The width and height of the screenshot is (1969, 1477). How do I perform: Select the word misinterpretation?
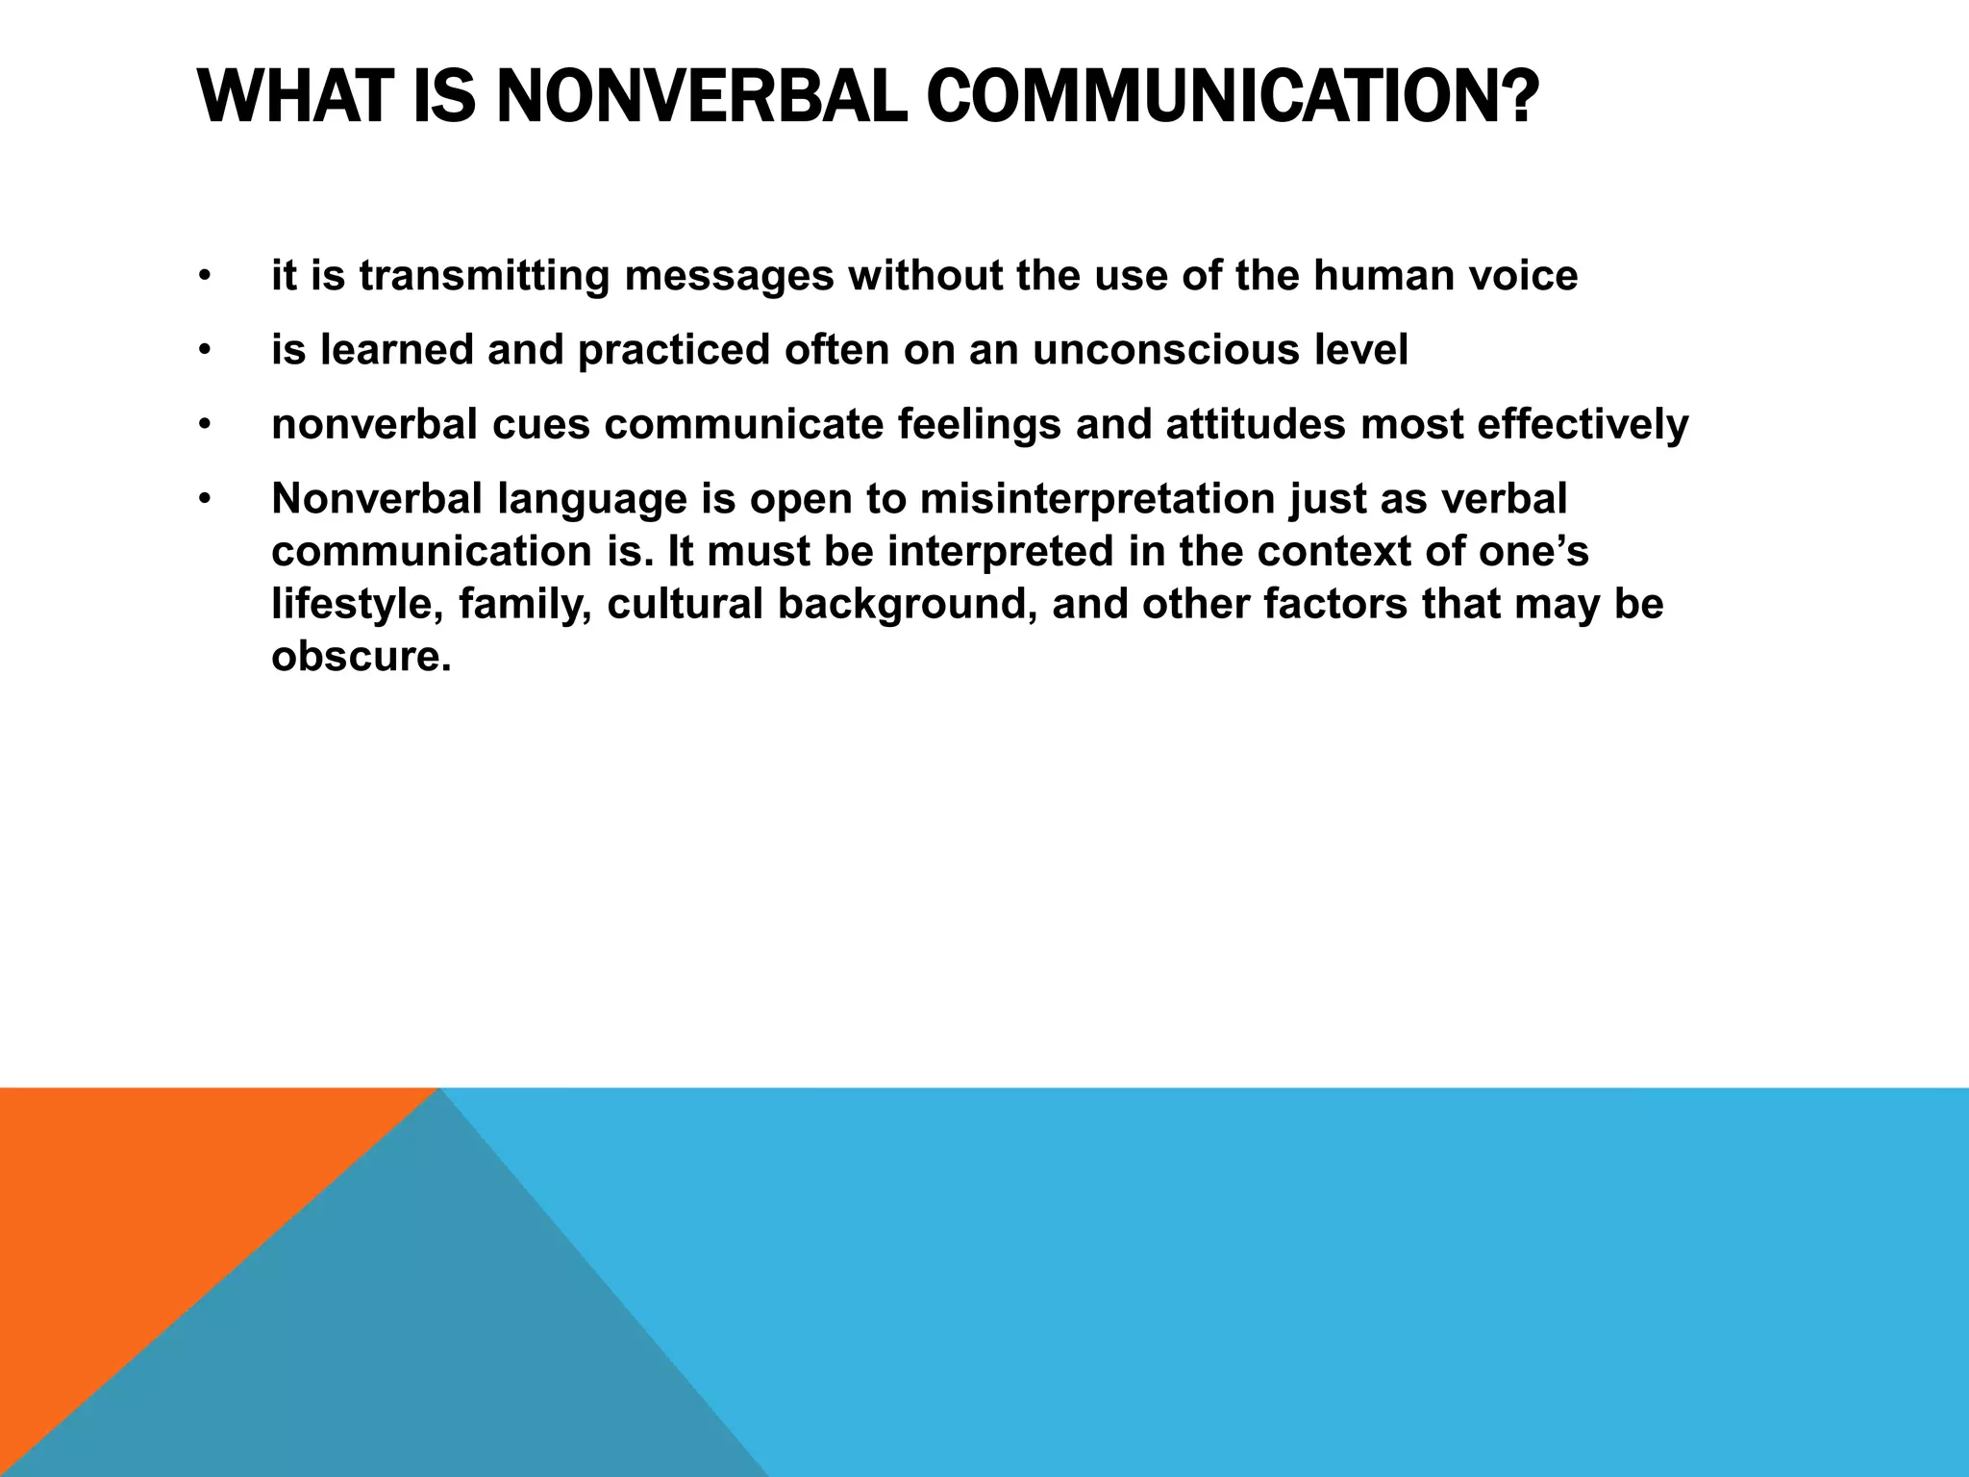click(x=1097, y=499)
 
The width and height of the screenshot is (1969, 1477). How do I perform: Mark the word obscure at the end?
click(x=361, y=658)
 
